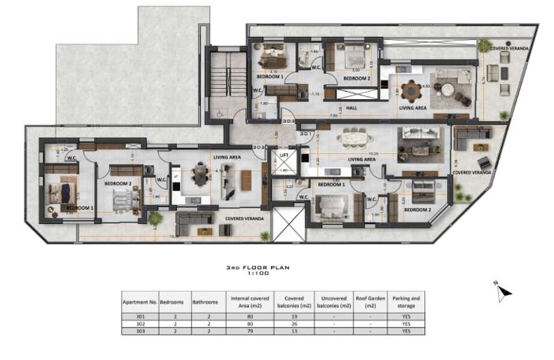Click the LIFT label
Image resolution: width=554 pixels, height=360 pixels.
pyautogui.click(x=284, y=156)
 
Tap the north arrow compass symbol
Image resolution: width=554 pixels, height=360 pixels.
pyautogui.click(x=504, y=292)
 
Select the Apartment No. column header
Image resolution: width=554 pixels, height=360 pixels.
pyautogui.click(x=138, y=300)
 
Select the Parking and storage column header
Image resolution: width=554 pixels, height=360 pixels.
pyautogui.click(x=407, y=300)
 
